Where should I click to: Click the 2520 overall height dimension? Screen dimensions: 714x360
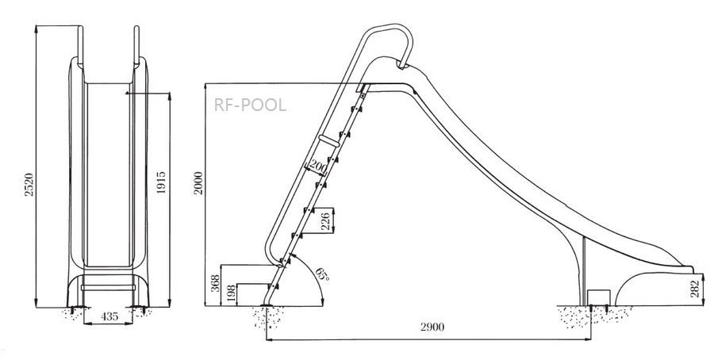(29, 184)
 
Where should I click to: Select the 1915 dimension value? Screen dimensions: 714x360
(161, 182)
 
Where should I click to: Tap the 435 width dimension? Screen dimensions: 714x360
(109, 316)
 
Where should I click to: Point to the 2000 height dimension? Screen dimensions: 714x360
(199, 183)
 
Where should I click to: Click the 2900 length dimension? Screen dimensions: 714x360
(432, 327)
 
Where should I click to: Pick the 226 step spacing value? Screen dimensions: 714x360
(326, 220)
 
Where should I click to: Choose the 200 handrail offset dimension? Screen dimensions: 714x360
(318, 167)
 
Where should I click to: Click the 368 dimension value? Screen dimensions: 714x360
(217, 283)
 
